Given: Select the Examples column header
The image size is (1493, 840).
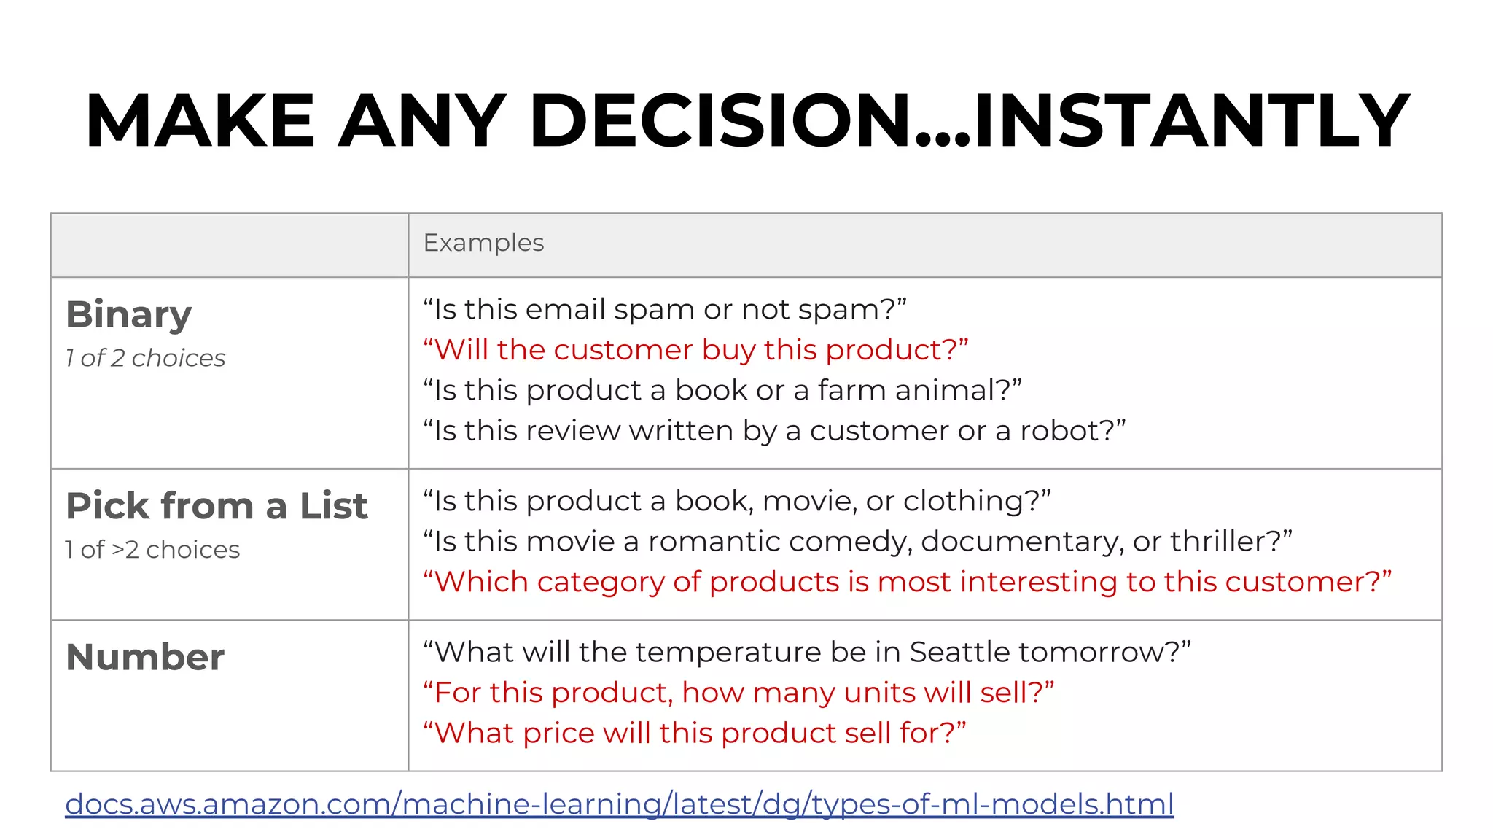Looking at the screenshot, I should (483, 243).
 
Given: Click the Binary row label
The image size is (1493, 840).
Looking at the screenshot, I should (128, 315).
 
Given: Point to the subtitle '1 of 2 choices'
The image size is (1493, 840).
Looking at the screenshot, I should (145, 358).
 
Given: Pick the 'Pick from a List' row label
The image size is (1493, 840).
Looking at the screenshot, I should (217, 506).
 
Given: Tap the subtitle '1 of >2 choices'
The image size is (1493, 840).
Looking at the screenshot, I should (152, 550).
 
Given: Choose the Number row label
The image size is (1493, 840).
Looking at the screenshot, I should (145, 657).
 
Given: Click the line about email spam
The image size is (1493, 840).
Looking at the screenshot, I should (664, 310).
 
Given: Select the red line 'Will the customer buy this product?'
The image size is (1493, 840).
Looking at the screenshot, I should (695, 350).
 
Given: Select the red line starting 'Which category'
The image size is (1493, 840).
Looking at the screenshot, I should (907, 583).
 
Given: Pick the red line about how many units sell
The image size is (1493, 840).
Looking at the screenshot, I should (738, 693).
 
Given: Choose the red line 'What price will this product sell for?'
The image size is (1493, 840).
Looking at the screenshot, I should (694, 734).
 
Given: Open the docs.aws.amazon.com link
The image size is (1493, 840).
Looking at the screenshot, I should (619, 804).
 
